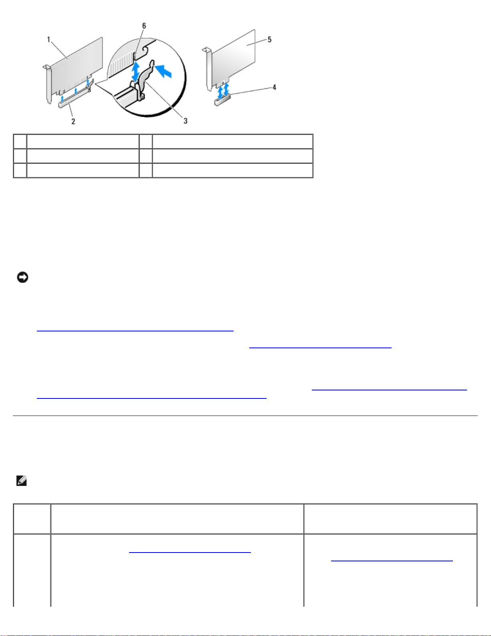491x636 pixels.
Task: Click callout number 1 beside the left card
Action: (x=48, y=40)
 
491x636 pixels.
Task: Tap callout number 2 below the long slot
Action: (x=73, y=121)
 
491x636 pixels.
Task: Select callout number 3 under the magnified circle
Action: (x=185, y=121)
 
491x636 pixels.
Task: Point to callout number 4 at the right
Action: (x=274, y=87)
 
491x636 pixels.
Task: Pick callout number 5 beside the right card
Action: (x=269, y=39)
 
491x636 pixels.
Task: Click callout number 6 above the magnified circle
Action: (x=144, y=26)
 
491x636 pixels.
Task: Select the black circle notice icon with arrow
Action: (x=22, y=277)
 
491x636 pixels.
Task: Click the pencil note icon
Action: (x=21, y=481)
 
